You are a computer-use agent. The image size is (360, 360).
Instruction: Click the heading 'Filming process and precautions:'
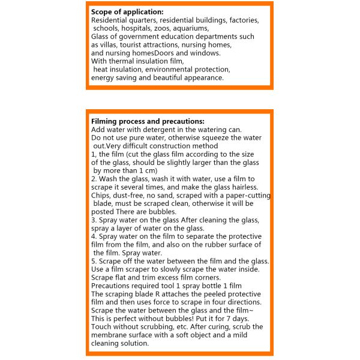click(148, 121)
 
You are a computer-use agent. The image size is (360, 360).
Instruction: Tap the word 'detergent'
click(157, 130)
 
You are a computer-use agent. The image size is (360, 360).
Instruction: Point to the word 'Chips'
click(101, 196)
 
